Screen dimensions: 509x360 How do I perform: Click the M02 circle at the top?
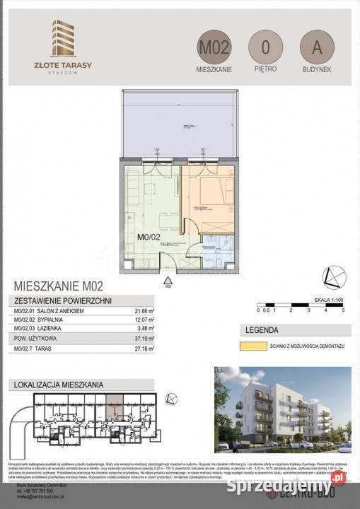click(x=214, y=48)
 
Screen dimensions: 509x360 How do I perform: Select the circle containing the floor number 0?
click(x=265, y=48)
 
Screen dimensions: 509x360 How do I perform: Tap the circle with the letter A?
click(x=316, y=48)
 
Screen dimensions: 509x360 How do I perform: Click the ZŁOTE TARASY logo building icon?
click(x=64, y=37)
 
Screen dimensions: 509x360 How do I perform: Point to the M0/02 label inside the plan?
click(x=149, y=238)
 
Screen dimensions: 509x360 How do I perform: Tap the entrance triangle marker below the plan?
click(x=168, y=279)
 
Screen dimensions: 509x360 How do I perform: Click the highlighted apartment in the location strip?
click(x=114, y=409)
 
